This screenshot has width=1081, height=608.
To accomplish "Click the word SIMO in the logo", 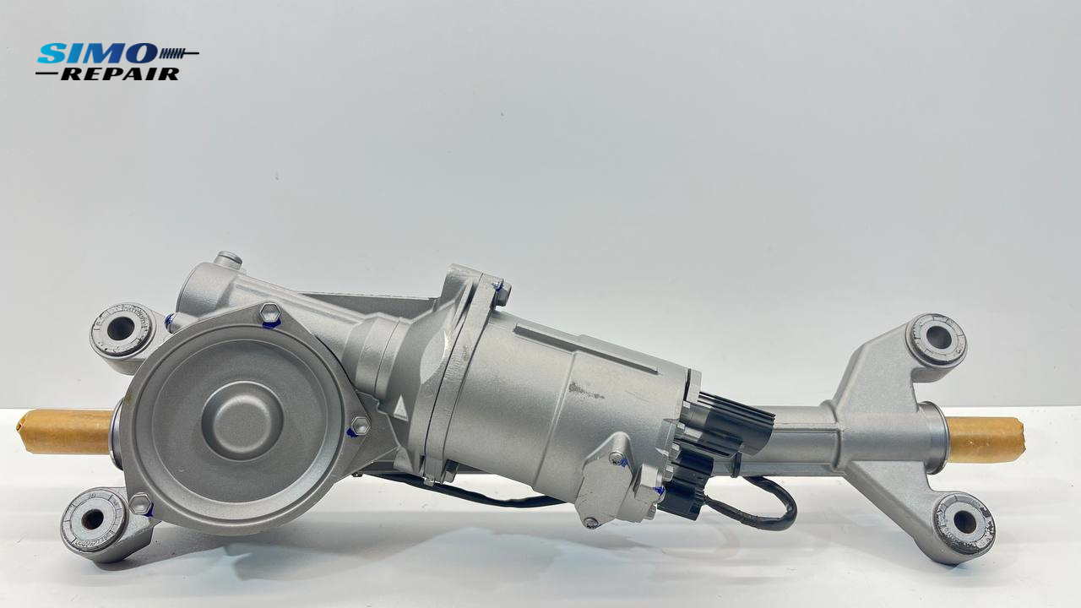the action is pos(97,53).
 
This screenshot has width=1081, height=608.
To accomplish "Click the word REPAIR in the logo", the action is pos(120,73).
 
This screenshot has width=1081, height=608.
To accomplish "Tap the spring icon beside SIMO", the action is pos(178,52).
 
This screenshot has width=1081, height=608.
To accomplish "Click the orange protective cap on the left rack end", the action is pos(66,432).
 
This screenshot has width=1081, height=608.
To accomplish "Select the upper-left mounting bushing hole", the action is pos(120,328).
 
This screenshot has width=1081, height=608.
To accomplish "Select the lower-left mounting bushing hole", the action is pos(92,518).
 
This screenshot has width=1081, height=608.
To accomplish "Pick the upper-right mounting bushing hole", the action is pos(938,338).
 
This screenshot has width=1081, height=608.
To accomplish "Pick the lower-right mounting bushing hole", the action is pos(965,522).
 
